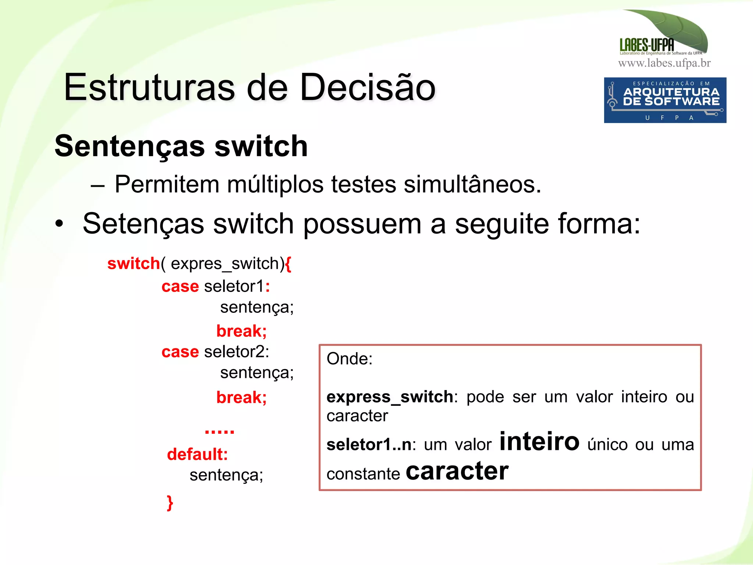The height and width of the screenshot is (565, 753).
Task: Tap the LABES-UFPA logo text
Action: [x=647, y=45]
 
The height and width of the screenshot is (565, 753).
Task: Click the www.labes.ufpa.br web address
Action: [x=664, y=63]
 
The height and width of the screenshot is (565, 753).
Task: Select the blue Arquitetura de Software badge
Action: [x=665, y=100]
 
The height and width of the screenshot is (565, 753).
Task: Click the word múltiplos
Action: [x=275, y=185]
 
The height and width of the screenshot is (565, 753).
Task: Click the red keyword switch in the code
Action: [x=133, y=264]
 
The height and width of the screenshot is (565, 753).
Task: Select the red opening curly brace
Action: [x=288, y=264]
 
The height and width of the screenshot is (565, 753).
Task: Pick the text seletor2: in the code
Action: [x=236, y=352]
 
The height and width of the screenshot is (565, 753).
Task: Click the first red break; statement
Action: [x=241, y=331]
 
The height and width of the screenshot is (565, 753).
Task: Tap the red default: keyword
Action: [x=197, y=454]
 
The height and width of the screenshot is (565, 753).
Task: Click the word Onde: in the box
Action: [x=349, y=359]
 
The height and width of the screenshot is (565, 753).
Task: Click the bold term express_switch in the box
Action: [x=390, y=397]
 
